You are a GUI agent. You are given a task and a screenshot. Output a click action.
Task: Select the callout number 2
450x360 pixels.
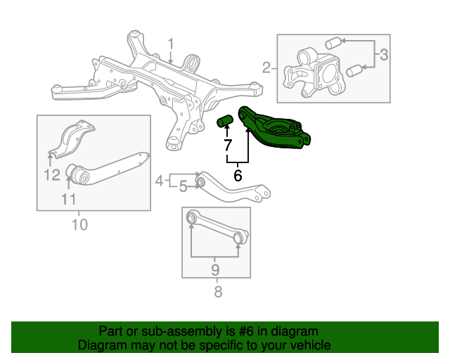tap(266, 68)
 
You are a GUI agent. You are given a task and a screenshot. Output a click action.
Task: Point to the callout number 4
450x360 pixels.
tap(160, 181)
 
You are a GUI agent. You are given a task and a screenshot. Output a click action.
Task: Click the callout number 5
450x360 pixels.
tap(183, 186)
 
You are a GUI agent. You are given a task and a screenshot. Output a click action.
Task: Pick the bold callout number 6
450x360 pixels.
tap(238, 176)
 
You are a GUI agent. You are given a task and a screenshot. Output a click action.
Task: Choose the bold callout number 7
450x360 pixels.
tap(227, 146)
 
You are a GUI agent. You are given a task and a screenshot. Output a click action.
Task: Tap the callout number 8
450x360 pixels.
tap(217, 291)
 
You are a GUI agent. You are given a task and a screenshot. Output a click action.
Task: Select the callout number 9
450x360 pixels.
tap(215, 269)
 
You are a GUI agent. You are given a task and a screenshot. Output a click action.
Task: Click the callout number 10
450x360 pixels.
tap(79, 225)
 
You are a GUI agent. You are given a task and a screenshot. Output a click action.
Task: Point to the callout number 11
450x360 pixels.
tap(68, 199)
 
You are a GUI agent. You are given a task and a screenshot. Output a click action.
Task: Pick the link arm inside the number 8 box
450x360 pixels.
tap(216, 229)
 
